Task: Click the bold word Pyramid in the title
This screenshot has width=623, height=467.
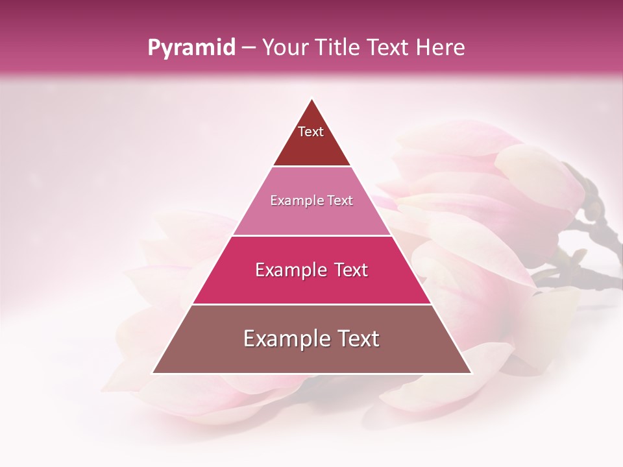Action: pos(191,48)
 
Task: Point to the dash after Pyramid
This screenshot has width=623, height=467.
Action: pos(249,48)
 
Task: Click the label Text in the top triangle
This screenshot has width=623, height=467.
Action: pos(311,132)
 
